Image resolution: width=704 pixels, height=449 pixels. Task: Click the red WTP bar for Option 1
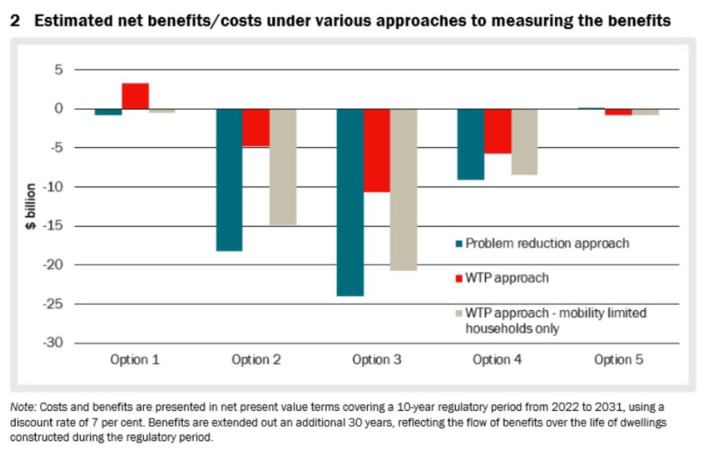[x=135, y=96]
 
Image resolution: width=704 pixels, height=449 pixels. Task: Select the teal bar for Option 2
[x=229, y=179]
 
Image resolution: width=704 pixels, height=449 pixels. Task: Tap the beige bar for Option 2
[x=283, y=166]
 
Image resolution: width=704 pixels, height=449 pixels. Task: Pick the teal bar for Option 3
[x=350, y=202]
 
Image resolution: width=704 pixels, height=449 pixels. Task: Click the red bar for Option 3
[x=377, y=150]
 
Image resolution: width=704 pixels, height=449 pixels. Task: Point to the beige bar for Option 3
[x=404, y=189]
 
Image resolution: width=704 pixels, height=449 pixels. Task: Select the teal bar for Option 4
[x=471, y=144]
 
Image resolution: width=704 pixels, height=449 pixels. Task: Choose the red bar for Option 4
[x=498, y=131]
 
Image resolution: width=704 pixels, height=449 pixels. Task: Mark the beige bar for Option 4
[x=525, y=142]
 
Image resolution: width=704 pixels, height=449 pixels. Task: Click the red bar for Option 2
[x=256, y=127]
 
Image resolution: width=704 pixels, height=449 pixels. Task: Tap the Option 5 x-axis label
[x=619, y=360]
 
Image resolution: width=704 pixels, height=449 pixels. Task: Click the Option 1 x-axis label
[x=135, y=360]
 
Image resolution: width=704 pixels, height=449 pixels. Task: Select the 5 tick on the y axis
[x=58, y=69]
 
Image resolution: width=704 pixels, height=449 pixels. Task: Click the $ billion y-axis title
[x=31, y=206]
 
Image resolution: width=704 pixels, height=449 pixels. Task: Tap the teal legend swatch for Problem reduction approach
[x=459, y=243]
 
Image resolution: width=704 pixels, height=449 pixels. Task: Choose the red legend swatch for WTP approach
[x=459, y=278]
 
